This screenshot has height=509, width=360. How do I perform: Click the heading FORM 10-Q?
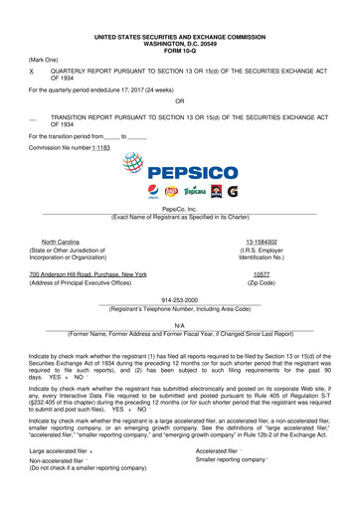(179, 49)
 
